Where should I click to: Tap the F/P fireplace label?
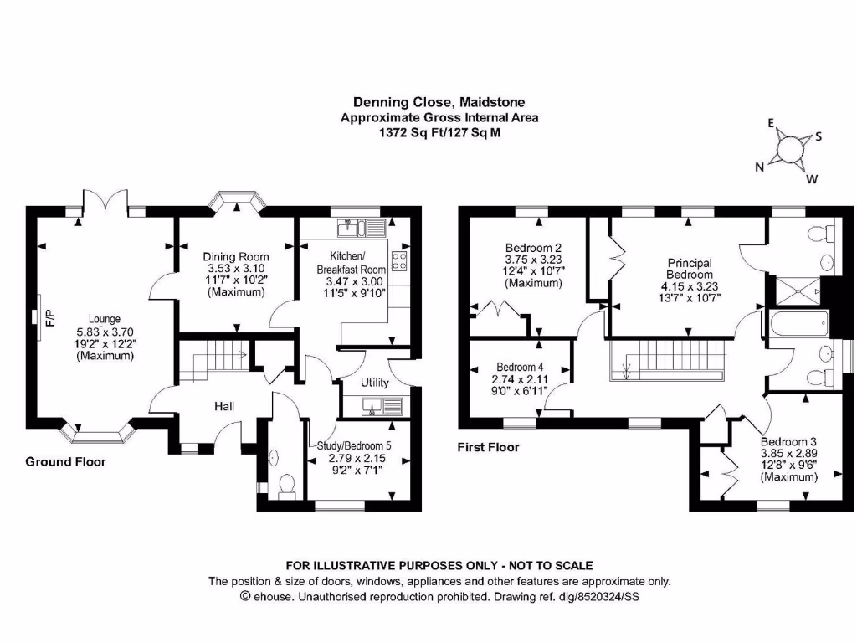click(49, 318)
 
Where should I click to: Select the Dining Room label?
click(236, 257)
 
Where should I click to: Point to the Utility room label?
click(374, 383)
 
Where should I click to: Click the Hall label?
click(223, 407)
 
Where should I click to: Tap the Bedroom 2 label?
click(532, 248)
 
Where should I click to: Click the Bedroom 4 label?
click(520, 367)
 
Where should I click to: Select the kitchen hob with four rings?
click(399, 261)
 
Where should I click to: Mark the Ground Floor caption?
click(65, 461)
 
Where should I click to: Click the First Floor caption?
click(488, 447)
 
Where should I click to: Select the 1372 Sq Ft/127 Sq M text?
click(439, 132)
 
